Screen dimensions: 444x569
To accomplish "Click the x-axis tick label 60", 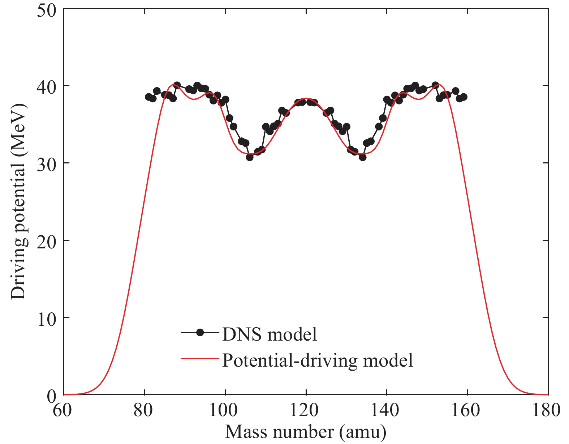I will pos(64,411).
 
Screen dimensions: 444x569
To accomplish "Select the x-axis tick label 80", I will pos(145,411).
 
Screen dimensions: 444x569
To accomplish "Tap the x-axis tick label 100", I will pos(225,411).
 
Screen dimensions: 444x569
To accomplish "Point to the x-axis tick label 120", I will pos(306,411).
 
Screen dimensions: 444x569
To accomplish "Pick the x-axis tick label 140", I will pos(387,411).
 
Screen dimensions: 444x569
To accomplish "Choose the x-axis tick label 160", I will pos(467,411).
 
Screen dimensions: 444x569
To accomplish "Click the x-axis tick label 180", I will pos(548,411).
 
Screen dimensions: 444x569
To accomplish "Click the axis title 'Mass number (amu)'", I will pos(306,432).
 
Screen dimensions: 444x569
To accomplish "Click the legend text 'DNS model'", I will pos(270,334).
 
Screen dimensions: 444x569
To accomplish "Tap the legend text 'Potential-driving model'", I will pos(318,360).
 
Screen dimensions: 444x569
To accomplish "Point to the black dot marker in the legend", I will pos(200,332).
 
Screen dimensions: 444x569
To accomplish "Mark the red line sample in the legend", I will pos(200,358).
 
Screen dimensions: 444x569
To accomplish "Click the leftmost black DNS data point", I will pos(148,97).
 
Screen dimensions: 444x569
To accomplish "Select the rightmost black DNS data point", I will pos(464,97).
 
